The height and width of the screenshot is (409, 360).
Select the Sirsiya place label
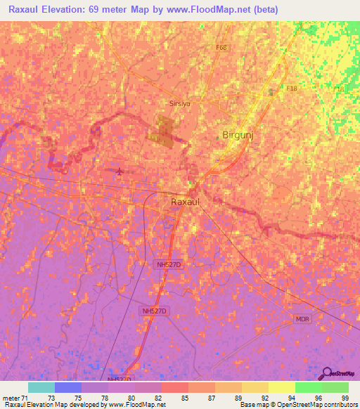pyautogui.click(x=181, y=103)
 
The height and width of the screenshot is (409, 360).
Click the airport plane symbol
pyautogui.click(x=120, y=171)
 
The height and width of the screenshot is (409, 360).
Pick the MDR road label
pyautogui.click(x=302, y=318)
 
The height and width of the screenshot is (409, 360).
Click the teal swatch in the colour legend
pyautogui.click(x=41, y=387)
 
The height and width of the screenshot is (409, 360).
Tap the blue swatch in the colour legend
pyautogui.click(x=68, y=387)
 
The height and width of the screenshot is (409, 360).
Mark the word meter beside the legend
pyautogui.click(x=11, y=397)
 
